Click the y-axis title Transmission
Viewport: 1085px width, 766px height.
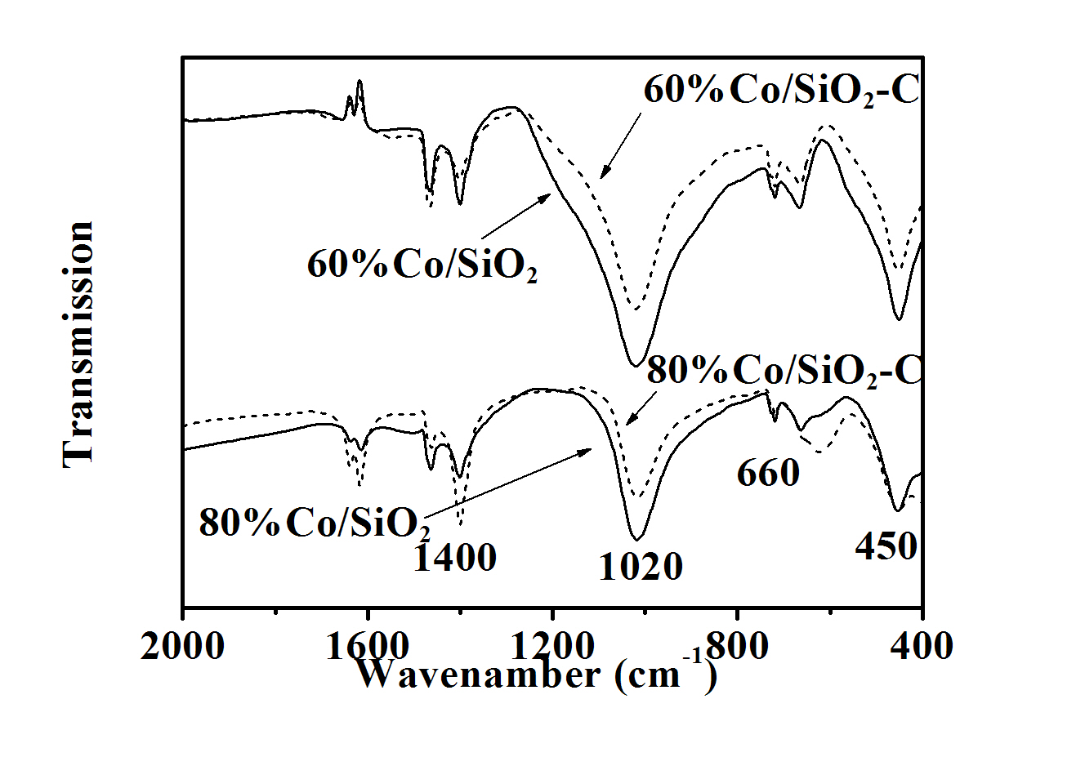tap(78, 344)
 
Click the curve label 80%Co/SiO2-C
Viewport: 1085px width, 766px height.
tap(784, 371)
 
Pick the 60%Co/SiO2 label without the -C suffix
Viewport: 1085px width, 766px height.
tap(422, 265)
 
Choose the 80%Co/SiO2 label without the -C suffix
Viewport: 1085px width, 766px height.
tap(315, 523)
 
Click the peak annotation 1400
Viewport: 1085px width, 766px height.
tap(455, 558)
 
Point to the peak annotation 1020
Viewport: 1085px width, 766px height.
tap(641, 567)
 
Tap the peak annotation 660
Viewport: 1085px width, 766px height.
tap(768, 473)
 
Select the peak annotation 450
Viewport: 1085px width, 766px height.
tap(886, 546)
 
